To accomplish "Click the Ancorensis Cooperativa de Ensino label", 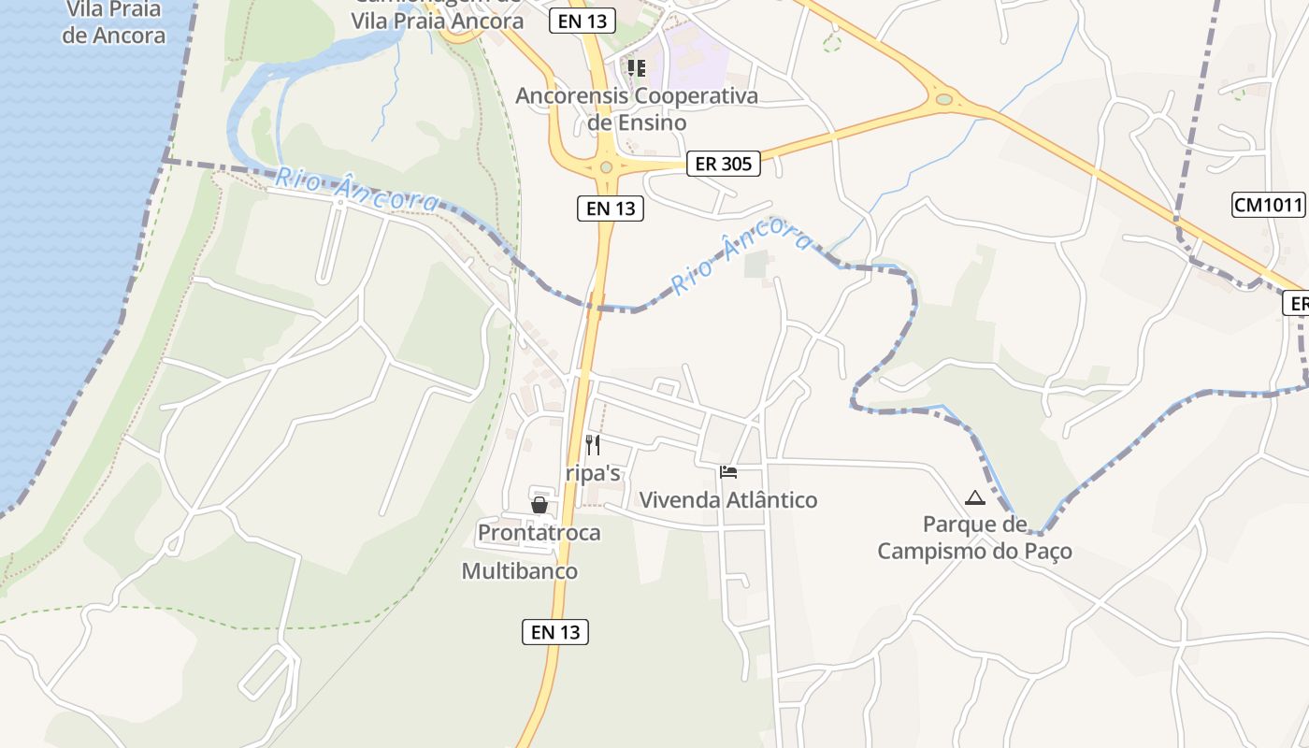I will coord(637,108).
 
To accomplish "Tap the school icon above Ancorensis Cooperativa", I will coord(637,67).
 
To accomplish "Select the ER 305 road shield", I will coord(724,164).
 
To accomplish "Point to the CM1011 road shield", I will coord(1268,205).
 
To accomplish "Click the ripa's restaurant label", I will coord(593,473).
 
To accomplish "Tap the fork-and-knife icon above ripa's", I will coord(592,445).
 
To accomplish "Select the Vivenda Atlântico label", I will coord(727,500).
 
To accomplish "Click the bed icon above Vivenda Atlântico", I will coord(728,472).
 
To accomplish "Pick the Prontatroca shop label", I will coord(539,533).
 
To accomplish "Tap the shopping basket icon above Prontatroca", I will coord(539,505).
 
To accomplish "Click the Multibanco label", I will coord(520,571).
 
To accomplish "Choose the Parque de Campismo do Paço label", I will coord(974,538).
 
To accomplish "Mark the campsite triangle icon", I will coord(975,497).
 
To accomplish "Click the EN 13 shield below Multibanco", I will coord(555,632).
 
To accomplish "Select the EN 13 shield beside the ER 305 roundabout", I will coord(611,209).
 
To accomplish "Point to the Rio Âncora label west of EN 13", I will coord(356,189).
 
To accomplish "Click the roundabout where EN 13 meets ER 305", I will coord(606,166).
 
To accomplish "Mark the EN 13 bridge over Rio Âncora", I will coord(595,305).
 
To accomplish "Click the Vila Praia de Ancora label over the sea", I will coord(114,22).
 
